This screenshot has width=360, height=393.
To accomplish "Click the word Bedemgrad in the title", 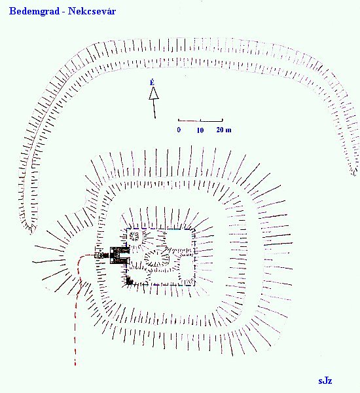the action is pos(34,11).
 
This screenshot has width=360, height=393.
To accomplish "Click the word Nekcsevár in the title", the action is pos(92,11).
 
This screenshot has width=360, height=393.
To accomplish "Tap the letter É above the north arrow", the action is pos(152,83).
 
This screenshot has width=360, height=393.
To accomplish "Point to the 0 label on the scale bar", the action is pos(179,130).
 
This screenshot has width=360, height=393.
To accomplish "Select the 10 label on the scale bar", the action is pos(200,130).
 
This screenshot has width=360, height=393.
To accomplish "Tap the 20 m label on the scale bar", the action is pos(224,130).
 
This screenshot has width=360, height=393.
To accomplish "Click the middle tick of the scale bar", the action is pos(200,121).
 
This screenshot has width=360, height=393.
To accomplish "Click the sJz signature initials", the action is pos(325,381).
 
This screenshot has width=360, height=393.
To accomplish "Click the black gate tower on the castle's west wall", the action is pos(120,255).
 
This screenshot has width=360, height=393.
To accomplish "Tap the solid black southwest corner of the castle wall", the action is pos(129,281).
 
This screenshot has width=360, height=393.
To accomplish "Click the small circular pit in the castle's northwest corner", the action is pos(134,236).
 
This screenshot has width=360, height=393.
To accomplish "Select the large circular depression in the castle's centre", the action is pos(157,258).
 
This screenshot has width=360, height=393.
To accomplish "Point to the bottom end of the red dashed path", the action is pos(75,364).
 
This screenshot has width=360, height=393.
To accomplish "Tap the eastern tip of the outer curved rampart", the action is pos(353,172).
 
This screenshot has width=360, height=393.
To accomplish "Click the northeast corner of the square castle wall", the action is pos(194,229).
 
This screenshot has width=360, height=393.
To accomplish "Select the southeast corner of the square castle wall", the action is pos(194,284).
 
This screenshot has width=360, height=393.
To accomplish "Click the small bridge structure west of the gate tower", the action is pos(101,255).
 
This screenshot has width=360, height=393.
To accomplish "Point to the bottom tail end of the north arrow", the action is pos(155,118).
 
